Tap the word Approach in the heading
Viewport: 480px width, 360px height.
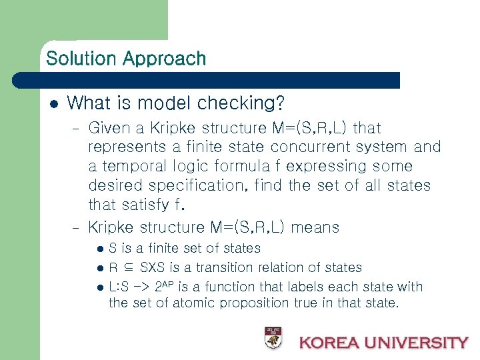pyautogui.click(x=165, y=59)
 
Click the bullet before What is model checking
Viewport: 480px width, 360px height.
pyautogui.click(x=55, y=103)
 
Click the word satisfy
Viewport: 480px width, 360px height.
pyautogui.click(x=148, y=205)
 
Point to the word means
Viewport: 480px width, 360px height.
pyautogui.click(x=315, y=227)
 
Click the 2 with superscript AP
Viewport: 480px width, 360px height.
pyautogui.click(x=159, y=287)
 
